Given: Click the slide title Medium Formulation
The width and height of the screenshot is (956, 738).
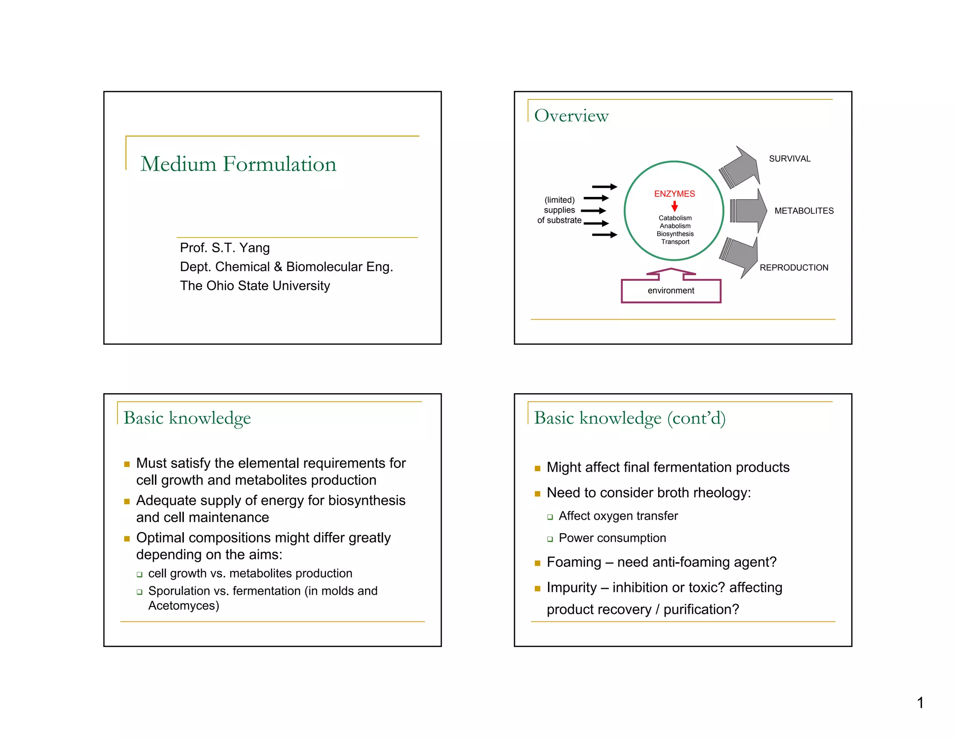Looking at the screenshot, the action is pyautogui.click(x=238, y=164).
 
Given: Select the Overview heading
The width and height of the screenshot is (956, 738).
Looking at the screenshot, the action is pyautogui.click(x=571, y=116).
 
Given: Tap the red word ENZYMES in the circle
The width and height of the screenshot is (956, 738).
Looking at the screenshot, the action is pyautogui.click(x=674, y=194).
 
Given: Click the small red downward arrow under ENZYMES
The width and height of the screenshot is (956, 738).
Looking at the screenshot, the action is pyautogui.click(x=675, y=206).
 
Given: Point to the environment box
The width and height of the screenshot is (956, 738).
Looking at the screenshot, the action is pyautogui.click(x=671, y=291).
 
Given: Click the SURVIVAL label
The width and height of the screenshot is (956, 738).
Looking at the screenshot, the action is pyautogui.click(x=789, y=159).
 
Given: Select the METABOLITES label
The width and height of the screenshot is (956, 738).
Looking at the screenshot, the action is pyautogui.click(x=804, y=211).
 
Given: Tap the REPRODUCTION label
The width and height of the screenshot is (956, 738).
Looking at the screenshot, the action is pyautogui.click(x=794, y=268).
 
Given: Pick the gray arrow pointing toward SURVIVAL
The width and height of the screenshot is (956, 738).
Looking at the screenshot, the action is pyautogui.click(x=740, y=168).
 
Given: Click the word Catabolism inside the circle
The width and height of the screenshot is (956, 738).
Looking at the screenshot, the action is pyautogui.click(x=675, y=218).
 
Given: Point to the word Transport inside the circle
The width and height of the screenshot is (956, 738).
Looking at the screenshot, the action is pyautogui.click(x=675, y=242).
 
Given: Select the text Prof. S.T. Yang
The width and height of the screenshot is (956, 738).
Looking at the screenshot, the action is pyautogui.click(x=225, y=248).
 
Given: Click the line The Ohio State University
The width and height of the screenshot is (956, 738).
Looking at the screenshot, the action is pyautogui.click(x=255, y=285).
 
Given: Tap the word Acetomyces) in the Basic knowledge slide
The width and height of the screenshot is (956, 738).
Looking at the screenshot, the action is pyautogui.click(x=183, y=606).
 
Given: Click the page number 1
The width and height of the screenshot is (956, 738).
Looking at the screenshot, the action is pyautogui.click(x=920, y=703).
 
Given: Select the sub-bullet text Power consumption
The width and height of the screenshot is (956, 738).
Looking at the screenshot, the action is pyautogui.click(x=612, y=538).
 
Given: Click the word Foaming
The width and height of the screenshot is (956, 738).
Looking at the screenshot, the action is pyautogui.click(x=574, y=562).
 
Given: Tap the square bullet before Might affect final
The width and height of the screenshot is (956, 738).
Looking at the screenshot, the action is pyautogui.click(x=537, y=468).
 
